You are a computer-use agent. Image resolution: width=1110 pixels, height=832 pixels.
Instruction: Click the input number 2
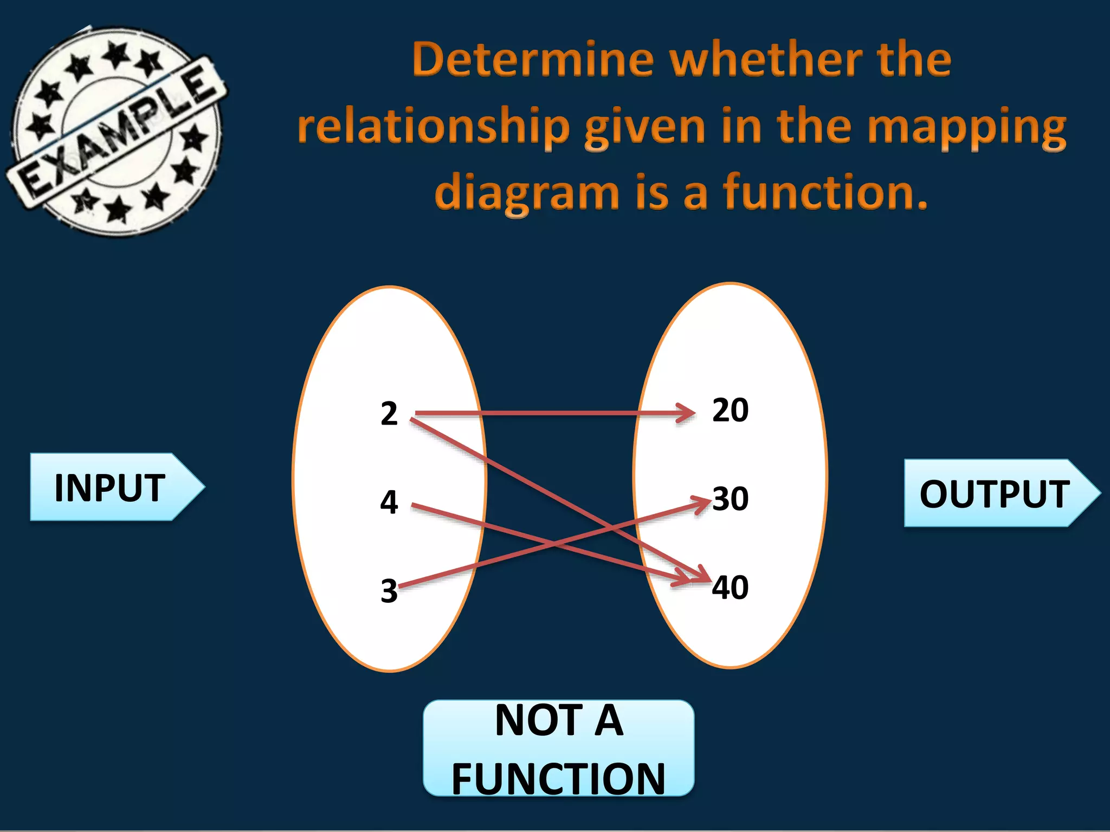[389, 414]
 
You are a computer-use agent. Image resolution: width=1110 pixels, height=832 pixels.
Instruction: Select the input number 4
[389, 502]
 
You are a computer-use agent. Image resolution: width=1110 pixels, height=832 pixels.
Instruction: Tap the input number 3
[389, 591]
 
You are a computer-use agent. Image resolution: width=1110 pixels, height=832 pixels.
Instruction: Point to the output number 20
[730, 410]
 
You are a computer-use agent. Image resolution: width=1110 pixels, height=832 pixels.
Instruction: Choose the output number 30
[730, 498]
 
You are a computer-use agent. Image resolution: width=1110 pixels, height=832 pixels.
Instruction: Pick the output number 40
[730, 587]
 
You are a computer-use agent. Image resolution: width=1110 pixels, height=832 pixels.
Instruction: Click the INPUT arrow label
[111, 487]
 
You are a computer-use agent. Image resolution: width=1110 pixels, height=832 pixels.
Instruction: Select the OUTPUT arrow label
[995, 493]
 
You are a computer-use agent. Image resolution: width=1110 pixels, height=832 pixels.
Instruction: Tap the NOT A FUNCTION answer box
[558, 748]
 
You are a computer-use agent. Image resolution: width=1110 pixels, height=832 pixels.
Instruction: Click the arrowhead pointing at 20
[687, 413]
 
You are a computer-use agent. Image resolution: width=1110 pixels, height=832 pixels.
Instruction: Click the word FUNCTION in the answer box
[558, 778]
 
